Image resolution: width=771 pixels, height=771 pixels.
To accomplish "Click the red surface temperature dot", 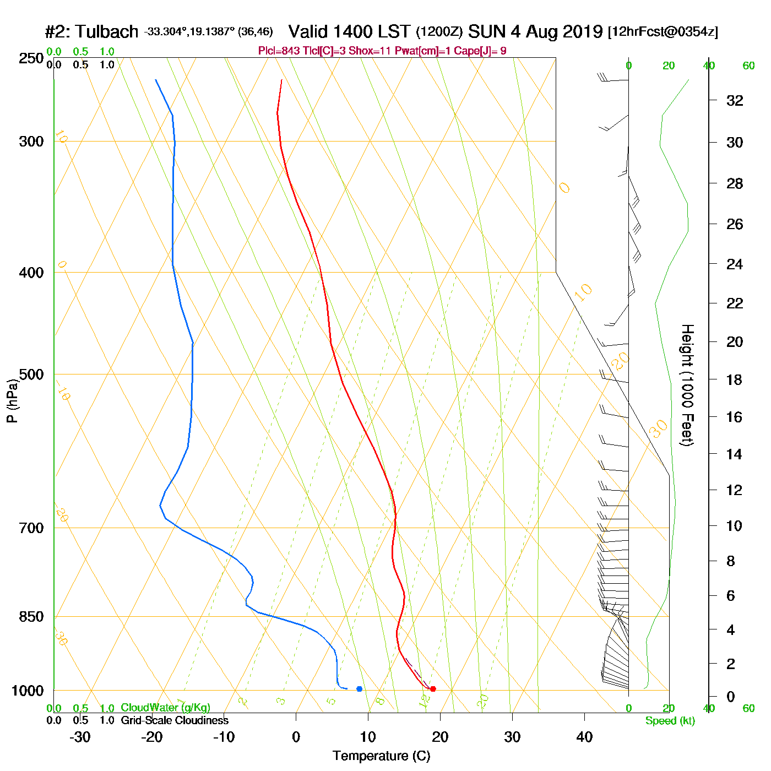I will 433,688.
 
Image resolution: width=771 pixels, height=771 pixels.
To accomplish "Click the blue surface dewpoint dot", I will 359,688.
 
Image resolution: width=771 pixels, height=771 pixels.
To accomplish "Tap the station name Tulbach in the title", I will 106,32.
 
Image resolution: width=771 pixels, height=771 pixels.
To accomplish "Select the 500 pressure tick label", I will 31,374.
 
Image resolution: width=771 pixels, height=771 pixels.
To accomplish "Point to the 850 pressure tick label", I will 31,617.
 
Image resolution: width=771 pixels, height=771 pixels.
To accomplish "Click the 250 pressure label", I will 31,58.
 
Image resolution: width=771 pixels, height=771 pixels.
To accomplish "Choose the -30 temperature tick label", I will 80,737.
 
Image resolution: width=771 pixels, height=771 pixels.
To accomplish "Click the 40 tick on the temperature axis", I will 584,737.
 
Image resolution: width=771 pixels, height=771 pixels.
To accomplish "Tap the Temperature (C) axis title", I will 381,756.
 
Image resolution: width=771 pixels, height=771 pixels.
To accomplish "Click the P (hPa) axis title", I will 12,401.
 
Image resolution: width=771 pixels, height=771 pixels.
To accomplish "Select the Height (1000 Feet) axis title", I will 687,385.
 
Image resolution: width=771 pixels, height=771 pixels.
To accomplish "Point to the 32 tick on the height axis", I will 735,101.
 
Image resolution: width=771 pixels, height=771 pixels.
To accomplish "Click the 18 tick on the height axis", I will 735,379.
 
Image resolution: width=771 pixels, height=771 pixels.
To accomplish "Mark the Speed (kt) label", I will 670,721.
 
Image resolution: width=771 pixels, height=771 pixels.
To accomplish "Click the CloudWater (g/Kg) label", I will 165,708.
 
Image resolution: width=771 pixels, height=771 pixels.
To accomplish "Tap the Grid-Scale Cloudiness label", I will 175,720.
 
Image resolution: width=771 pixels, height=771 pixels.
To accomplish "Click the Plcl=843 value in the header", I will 279,51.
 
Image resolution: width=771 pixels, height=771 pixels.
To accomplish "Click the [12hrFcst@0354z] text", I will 663,32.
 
